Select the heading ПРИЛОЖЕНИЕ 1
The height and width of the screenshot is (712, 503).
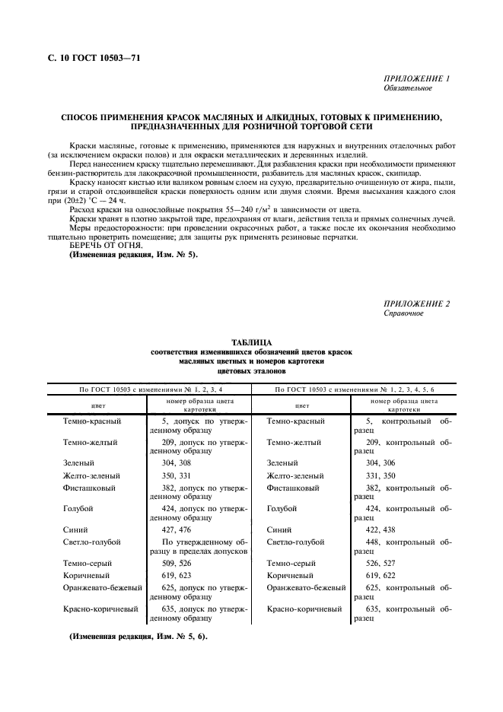tap(417, 79)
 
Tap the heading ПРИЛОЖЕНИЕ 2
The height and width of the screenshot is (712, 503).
tap(417, 304)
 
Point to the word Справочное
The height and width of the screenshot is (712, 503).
tap(403, 313)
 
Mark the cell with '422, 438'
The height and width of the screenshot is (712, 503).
tap(381, 529)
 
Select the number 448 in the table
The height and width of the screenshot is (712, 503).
tap(374, 542)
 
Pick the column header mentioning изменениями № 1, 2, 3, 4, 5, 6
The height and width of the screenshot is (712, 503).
tap(354, 389)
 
